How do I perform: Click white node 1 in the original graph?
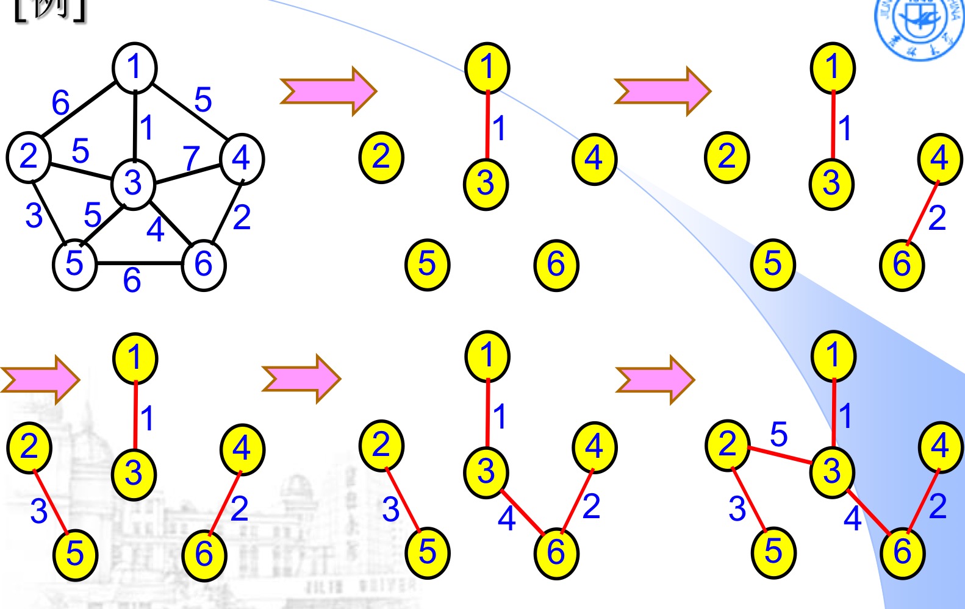(x=135, y=67)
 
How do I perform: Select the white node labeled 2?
(x=29, y=156)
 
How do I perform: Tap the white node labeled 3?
(x=133, y=183)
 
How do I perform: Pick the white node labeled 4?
(x=242, y=158)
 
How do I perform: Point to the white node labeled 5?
(x=74, y=264)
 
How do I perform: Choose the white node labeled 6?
(x=203, y=265)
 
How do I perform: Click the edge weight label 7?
(x=192, y=157)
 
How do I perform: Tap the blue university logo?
(x=920, y=24)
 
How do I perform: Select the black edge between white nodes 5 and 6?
(x=139, y=263)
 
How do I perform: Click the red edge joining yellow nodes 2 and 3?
(x=779, y=455)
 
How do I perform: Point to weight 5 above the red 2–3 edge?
(x=778, y=434)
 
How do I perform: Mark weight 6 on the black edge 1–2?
(x=60, y=103)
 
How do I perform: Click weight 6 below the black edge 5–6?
(x=132, y=280)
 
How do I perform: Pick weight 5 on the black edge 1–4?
(x=203, y=99)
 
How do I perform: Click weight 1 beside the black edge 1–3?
(x=146, y=128)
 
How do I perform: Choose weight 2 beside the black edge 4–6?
(x=242, y=217)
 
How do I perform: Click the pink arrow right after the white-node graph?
(x=328, y=91)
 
